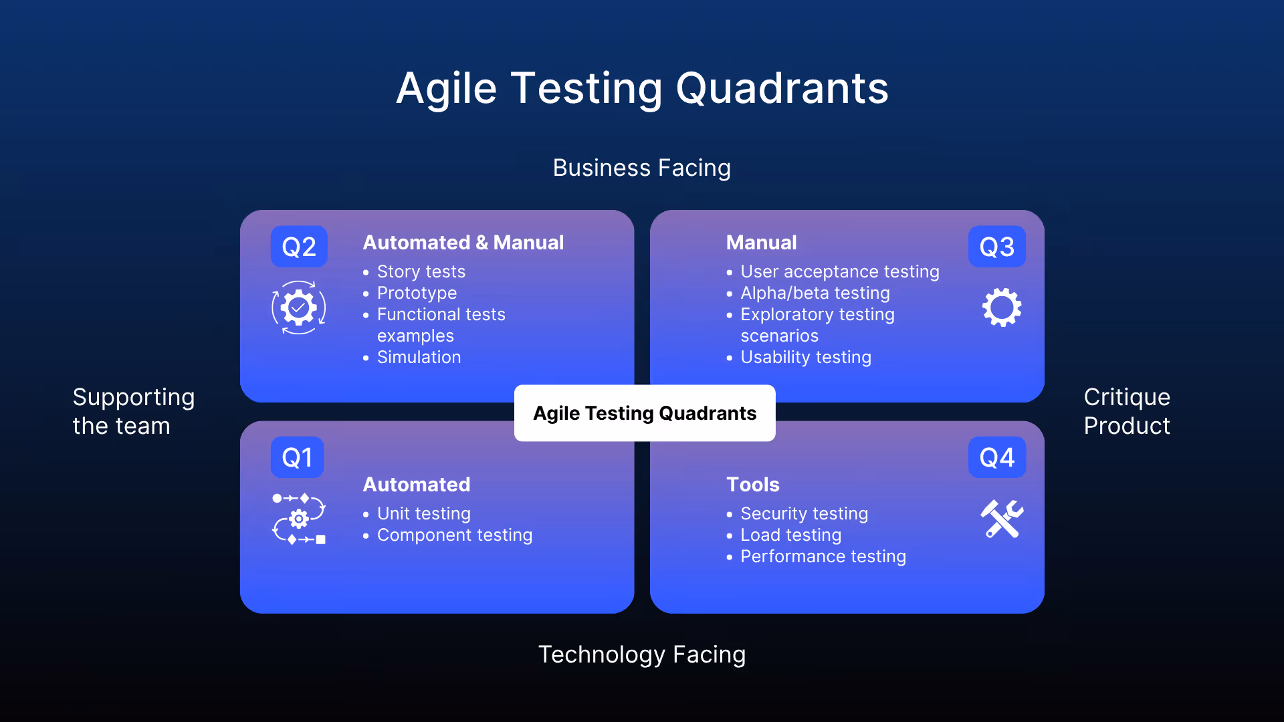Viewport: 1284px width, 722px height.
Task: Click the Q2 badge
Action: click(x=298, y=247)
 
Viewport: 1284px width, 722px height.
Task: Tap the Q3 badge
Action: click(x=996, y=247)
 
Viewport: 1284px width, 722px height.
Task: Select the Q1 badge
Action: click(x=297, y=457)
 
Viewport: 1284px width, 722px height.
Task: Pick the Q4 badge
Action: click(x=996, y=457)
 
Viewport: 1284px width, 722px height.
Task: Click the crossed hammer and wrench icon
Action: click(x=1002, y=519)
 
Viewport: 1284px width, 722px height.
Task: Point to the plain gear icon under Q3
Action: click(x=1002, y=308)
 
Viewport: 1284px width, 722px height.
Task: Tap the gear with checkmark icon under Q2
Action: click(x=298, y=308)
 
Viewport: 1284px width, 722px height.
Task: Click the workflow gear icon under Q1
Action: click(x=299, y=519)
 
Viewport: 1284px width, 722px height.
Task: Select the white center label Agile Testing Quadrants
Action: click(x=645, y=413)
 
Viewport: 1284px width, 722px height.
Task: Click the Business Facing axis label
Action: click(x=641, y=168)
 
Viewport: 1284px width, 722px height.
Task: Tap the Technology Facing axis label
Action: click(x=641, y=654)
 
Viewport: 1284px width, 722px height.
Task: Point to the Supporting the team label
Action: click(x=133, y=411)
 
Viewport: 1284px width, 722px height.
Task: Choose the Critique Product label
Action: click(x=1127, y=411)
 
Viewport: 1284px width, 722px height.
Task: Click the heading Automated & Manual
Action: click(x=463, y=243)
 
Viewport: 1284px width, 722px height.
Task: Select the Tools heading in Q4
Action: click(x=753, y=485)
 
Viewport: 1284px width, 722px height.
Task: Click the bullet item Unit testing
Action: click(x=423, y=513)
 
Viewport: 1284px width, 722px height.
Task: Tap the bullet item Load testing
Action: click(x=790, y=535)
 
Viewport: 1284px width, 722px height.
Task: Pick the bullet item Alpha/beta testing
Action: click(x=815, y=293)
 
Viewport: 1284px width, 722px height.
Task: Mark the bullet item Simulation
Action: click(x=419, y=357)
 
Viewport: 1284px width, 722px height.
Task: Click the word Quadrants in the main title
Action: click(x=782, y=88)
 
